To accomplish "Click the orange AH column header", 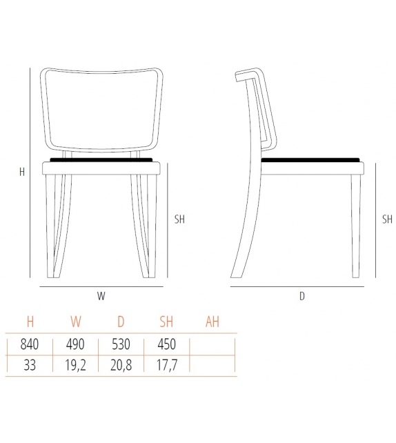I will point(212,322).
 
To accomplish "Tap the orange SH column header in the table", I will point(166,322).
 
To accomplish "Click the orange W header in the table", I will point(75,322).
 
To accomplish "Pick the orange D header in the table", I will point(121,322).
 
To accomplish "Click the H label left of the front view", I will point(22,173).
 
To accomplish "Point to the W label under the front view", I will point(101,296).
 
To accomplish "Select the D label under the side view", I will point(301,296).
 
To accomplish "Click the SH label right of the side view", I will point(387,219).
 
